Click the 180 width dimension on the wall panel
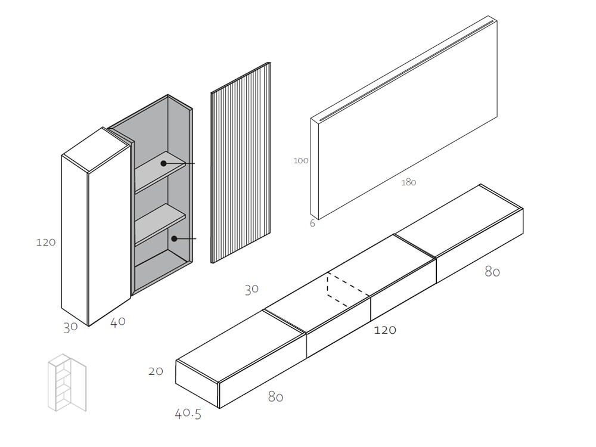(x=408, y=182)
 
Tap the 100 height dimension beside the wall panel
(x=301, y=160)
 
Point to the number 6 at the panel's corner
(x=312, y=223)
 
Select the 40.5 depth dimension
(x=188, y=413)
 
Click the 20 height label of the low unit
(x=156, y=371)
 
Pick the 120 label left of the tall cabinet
(x=46, y=242)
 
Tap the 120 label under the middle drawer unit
(x=385, y=330)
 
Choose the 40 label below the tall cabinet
(x=117, y=322)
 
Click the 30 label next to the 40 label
(x=70, y=327)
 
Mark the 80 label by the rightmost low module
(x=492, y=272)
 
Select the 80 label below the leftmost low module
(x=275, y=396)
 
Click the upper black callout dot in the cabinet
(x=163, y=163)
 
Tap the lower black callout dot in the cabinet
(x=174, y=238)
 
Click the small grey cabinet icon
(x=66, y=382)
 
